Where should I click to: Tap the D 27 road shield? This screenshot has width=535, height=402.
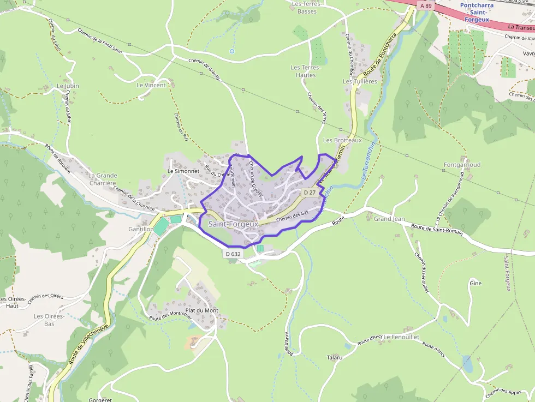pos(310,193)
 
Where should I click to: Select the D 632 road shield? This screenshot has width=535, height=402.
pos(233,254)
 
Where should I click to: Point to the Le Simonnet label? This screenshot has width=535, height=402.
pos(183,170)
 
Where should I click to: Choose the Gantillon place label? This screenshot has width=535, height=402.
pos(140,229)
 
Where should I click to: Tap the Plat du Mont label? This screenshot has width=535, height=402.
pos(201,310)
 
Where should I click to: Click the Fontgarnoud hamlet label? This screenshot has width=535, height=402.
pos(462,164)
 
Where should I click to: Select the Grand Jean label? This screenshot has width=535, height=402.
pos(389,219)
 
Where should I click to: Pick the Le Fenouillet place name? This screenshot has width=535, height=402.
pos(401,337)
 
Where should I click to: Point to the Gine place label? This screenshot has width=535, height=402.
pos(475,284)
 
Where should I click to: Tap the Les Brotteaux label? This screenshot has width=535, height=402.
pos(342,140)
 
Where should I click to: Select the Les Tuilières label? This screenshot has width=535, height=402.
pos(360,81)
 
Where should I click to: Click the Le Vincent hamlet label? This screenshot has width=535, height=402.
pos(151,85)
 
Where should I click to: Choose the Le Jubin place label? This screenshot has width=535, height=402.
pos(68,86)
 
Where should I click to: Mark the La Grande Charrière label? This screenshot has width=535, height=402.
pos(103,179)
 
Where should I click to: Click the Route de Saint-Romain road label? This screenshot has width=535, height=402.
pos(437,229)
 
